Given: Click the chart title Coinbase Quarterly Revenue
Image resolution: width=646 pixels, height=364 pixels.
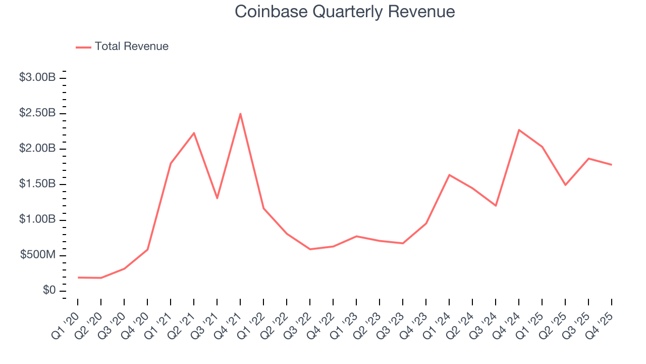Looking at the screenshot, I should (345, 12).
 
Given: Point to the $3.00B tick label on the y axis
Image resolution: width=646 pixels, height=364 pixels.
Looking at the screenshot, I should (37, 77).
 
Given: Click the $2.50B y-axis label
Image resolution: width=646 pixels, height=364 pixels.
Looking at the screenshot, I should (37, 113).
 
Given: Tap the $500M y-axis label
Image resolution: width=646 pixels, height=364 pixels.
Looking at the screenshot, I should (38, 255).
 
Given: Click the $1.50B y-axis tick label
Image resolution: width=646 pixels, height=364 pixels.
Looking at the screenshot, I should (37, 184).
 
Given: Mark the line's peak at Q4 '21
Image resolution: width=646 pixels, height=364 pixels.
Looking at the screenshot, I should (240, 113).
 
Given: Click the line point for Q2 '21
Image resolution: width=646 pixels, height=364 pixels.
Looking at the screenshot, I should (194, 133).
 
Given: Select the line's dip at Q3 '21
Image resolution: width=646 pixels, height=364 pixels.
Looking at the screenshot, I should (217, 198).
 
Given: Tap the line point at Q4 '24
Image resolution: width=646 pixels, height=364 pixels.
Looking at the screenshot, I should (519, 130).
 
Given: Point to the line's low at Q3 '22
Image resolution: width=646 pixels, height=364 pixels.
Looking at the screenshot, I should (310, 249).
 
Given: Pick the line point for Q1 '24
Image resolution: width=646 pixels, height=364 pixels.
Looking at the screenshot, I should (449, 175).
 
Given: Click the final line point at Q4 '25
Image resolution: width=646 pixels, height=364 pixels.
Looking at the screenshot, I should (612, 165).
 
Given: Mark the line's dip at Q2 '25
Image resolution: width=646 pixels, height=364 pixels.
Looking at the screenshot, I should (565, 185).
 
